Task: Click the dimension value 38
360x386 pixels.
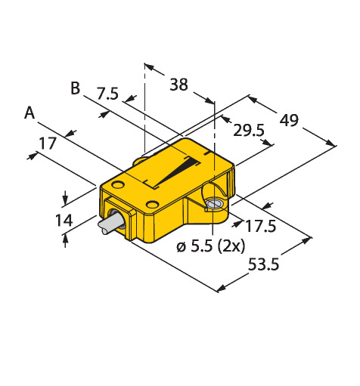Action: pyautogui.click(x=178, y=85)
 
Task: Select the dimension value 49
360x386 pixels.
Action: pyautogui.click(x=289, y=120)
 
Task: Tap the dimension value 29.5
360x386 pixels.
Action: pyautogui.click(x=249, y=130)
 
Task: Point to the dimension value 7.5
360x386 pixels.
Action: pyautogui.click(x=107, y=94)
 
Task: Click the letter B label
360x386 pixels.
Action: pyautogui.click(x=75, y=88)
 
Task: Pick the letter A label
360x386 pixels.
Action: pyautogui.click(x=29, y=113)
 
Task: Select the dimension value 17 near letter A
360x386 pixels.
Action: pyautogui.click(x=48, y=144)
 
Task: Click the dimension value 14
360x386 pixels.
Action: pyautogui.click(x=64, y=220)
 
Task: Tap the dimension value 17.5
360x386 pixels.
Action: pyautogui.click(x=261, y=226)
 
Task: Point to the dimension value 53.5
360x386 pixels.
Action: pyautogui.click(x=264, y=264)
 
